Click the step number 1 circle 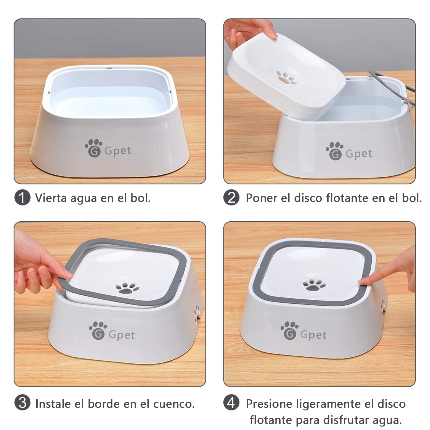[22, 198]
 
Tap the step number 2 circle [231, 198]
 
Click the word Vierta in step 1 [51, 198]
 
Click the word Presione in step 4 [269, 404]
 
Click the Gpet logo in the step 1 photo [108, 148]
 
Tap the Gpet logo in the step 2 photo [349, 151]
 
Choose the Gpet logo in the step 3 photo [112, 331]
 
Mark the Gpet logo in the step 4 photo [303, 331]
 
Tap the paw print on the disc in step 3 [127, 288]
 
